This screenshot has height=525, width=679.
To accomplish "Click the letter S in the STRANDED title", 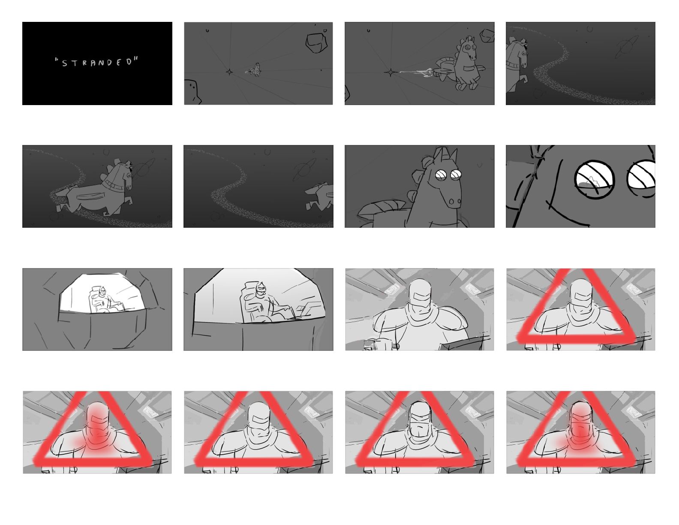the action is (x=65, y=63).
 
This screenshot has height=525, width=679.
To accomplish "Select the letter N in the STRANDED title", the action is (x=100, y=63).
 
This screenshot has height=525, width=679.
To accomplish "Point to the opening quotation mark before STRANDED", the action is (x=57, y=60).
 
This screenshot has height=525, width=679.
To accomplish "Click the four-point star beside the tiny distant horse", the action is (x=229, y=72).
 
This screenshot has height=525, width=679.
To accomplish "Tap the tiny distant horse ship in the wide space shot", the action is (x=254, y=70).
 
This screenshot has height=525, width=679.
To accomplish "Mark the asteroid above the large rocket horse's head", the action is (x=487, y=36).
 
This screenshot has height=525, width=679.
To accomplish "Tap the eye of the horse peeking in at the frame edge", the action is (x=521, y=53).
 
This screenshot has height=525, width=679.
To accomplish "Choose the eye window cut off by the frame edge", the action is (x=641, y=178).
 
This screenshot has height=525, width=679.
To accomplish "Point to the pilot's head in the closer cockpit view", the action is (x=261, y=289).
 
